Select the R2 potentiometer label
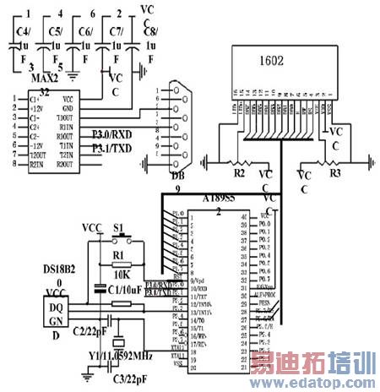239,172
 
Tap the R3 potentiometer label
335,172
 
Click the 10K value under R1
120,275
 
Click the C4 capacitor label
23,31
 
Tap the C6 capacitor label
85,31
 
